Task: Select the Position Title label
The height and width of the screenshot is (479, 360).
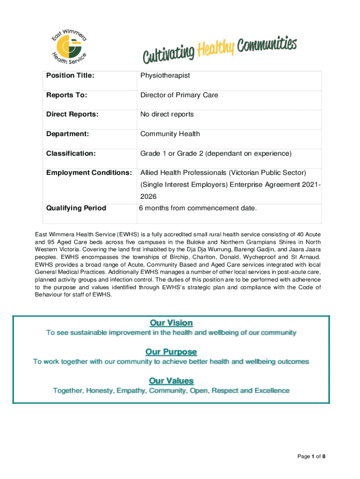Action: tap(70, 75)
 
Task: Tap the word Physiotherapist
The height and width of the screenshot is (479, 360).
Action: tap(165, 75)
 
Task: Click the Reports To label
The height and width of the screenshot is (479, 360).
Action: tap(66, 95)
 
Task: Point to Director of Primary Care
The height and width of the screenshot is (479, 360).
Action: tap(179, 95)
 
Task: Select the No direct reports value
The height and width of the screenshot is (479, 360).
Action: tap(167, 114)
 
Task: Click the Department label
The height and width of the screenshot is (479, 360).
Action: tap(67, 134)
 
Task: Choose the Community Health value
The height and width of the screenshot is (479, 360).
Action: tap(170, 134)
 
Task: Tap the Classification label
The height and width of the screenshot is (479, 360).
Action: tap(71, 153)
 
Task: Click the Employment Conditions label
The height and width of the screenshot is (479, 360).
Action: tap(89, 173)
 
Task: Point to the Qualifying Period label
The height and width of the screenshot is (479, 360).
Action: tap(76, 208)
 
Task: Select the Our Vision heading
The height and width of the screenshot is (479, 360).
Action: tap(171, 323)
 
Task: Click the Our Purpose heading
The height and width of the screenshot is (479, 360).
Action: tap(171, 352)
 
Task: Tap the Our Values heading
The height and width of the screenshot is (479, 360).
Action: tap(171, 381)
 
